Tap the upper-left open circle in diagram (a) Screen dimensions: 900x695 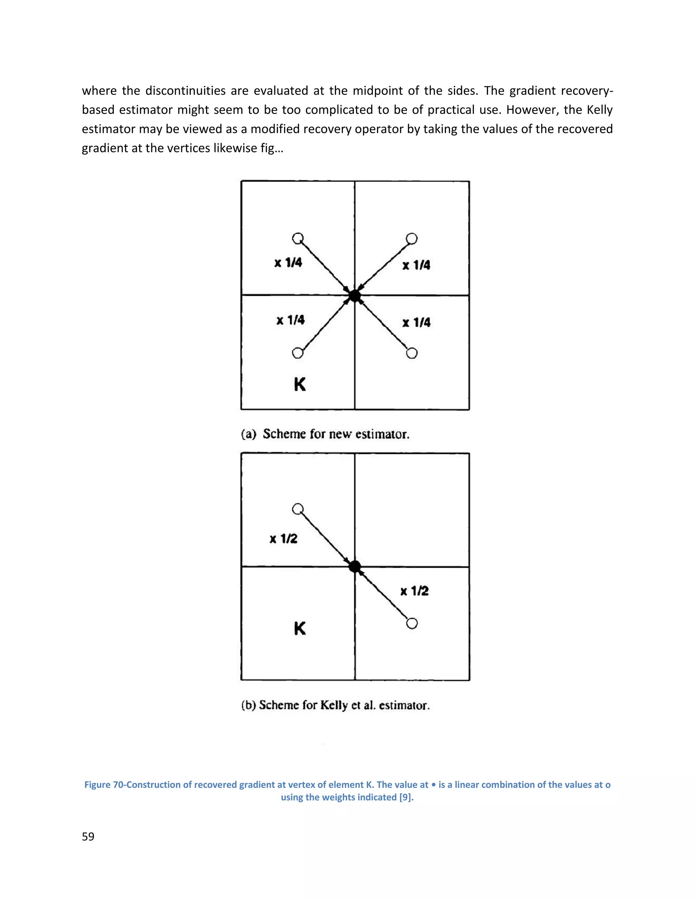298,238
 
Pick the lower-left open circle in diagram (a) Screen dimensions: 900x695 297,353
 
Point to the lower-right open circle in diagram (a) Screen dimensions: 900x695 412,353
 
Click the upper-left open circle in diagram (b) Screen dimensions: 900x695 298,509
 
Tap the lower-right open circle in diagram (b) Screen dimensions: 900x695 412,624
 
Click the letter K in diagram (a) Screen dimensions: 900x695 300,384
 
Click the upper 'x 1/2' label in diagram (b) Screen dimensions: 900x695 283,539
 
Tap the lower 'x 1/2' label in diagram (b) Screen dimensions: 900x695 414,591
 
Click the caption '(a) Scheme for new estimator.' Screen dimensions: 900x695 325,434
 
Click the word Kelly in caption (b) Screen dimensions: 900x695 334,705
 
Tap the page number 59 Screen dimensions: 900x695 88,836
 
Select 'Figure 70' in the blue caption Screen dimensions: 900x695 104,785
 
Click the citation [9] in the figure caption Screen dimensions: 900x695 406,797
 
